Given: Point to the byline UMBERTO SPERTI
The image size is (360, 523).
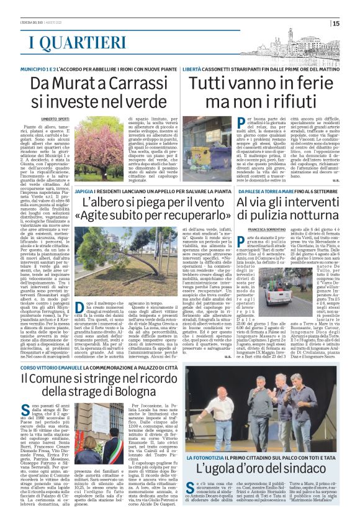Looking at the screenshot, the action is click(55, 117).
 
